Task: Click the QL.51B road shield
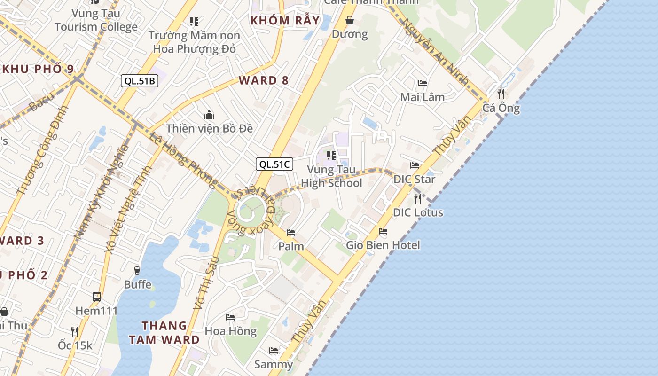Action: pyautogui.click(x=139, y=81)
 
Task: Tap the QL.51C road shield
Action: pyautogui.click(x=274, y=164)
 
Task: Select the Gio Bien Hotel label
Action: pyautogui.click(x=383, y=245)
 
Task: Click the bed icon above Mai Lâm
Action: pyautogui.click(x=423, y=83)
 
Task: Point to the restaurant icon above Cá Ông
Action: pyautogui.click(x=501, y=94)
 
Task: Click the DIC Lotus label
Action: pyautogui.click(x=418, y=212)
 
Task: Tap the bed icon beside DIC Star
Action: pyautogui.click(x=415, y=165)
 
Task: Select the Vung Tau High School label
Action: pyautogui.click(x=331, y=176)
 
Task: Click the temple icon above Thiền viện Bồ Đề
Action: pyautogui.click(x=209, y=115)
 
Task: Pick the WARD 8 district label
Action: pyautogui.click(x=264, y=80)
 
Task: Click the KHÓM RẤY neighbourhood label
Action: pyautogui.click(x=285, y=21)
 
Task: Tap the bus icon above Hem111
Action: pyautogui.click(x=97, y=297)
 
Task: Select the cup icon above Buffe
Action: pyautogui.click(x=137, y=270)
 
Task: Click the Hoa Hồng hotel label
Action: pyautogui.click(x=231, y=331)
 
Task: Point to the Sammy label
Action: pyautogui.click(x=274, y=364)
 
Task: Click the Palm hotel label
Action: pyautogui.click(x=291, y=246)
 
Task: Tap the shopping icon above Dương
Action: pyautogui.click(x=350, y=20)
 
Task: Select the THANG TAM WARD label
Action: pyautogui.click(x=164, y=332)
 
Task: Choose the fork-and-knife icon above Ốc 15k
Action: pyautogui.click(x=74, y=331)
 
